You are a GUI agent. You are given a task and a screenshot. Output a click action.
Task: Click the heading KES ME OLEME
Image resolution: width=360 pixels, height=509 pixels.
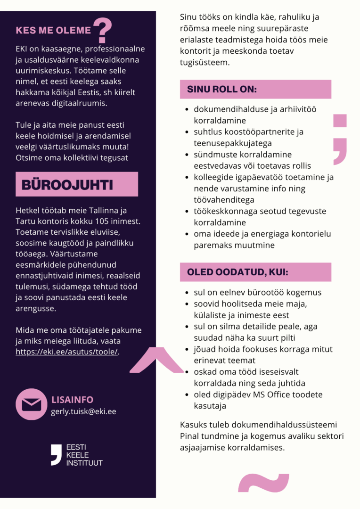[53, 31]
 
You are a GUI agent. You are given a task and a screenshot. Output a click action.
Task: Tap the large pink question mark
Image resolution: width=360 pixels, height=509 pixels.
[102, 30]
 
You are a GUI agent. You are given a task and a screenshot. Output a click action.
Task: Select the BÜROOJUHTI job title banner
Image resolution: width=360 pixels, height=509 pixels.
[76, 184]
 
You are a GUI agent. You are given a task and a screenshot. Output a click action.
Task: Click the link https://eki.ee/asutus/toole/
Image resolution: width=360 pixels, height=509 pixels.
[67, 352]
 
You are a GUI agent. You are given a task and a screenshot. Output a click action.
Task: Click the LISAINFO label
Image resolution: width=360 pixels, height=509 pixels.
[72, 400]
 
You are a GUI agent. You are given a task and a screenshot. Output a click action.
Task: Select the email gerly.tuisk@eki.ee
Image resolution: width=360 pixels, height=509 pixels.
[83, 411]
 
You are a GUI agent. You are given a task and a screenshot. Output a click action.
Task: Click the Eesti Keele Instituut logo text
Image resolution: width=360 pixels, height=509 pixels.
[84, 455]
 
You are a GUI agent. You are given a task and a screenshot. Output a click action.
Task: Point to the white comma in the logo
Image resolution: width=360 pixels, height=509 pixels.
[56, 454]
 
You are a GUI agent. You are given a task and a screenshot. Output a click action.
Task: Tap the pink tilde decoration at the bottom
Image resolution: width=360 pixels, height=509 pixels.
[263, 484]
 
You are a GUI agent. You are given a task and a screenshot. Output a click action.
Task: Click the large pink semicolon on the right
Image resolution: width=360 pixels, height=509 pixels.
[340, 139]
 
